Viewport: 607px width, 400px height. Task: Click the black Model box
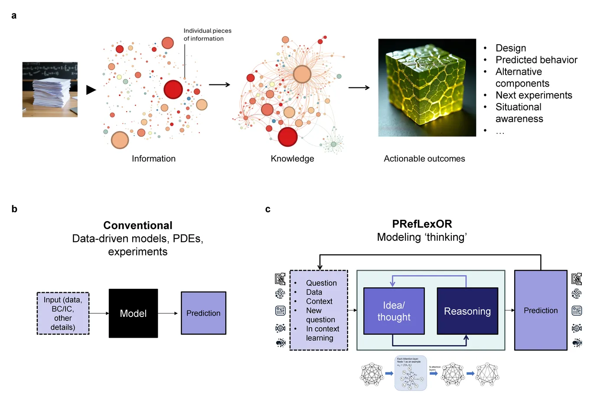coord(133,313)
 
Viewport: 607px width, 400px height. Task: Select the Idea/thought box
coord(394,311)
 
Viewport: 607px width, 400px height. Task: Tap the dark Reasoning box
coord(467,311)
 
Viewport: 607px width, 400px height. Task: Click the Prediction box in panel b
coord(203,313)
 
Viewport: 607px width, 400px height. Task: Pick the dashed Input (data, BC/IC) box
coord(63,313)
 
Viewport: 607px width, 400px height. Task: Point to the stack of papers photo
coord(50,90)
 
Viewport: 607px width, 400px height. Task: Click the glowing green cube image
coord(427,87)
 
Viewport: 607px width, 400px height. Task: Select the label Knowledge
coord(292,158)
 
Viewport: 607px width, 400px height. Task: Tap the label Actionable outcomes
coord(424,158)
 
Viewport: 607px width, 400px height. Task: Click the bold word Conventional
coord(138,225)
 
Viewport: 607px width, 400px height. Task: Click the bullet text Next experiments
coord(534,95)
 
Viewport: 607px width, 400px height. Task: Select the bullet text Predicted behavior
coord(536,60)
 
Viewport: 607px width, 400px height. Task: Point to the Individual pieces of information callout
coord(207,35)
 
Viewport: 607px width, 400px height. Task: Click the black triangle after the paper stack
coord(91,90)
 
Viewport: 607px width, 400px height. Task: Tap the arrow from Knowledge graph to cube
coord(359,87)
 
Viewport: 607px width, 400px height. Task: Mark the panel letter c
coord(268,209)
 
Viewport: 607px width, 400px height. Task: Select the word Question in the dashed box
coord(321,283)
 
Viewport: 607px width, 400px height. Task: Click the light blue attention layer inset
coord(411,373)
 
